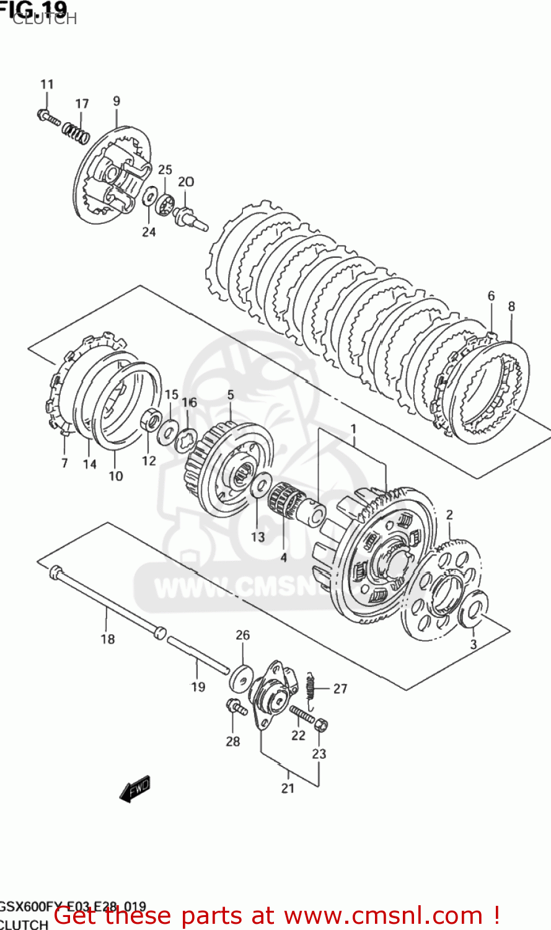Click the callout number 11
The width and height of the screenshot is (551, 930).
(47, 84)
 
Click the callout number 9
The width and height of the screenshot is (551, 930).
(117, 100)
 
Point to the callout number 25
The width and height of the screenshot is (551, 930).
(164, 169)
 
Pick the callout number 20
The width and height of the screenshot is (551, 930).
(186, 181)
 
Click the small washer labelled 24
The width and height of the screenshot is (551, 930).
(149, 198)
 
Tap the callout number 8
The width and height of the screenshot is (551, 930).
(511, 306)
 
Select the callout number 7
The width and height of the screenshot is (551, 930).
(64, 463)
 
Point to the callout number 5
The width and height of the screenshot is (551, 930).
(231, 394)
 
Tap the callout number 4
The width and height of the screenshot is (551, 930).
(283, 557)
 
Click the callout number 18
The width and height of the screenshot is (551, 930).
(108, 639)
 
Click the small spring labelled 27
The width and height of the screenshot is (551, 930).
(312, 688)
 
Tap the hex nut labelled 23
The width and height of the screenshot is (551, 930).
(321, 725)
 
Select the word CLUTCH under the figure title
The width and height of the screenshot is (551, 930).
(45, 19)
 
